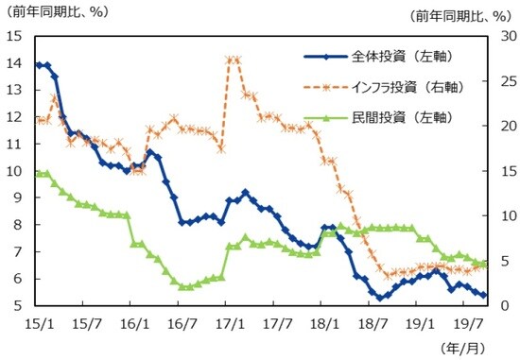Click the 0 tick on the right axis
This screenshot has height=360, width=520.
point(498,306)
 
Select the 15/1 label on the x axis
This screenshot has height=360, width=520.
point(37,323)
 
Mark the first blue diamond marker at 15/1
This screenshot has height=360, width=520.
point(38,64)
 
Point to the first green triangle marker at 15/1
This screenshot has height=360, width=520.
point(38,173)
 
